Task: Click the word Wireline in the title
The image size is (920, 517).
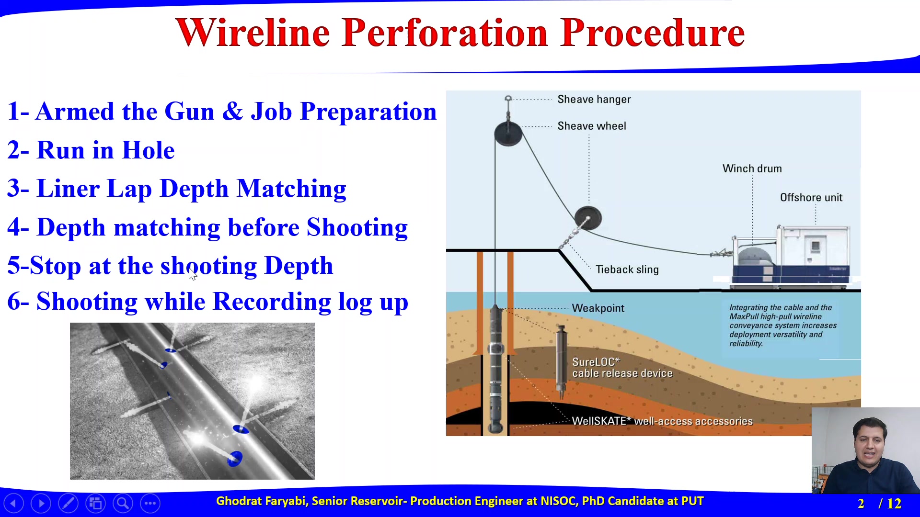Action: tap(253, 33)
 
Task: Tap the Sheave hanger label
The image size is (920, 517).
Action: tap(594, 100)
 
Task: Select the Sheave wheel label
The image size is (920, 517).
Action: tap(592, 126)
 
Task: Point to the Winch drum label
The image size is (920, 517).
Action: tap(752, 169)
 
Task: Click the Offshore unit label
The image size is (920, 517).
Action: tap(811, 197)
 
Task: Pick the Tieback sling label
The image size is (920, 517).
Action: tap(627, 270)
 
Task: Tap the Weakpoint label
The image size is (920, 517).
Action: tap(598, 308)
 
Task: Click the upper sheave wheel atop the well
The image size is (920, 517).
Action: tap(508, 134)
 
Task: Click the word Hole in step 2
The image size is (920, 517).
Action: tap(148, 150)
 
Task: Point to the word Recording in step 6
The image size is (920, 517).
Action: tap(272, 302)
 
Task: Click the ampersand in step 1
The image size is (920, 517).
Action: tap(232, 112)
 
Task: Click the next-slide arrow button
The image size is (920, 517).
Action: tap(41, 503)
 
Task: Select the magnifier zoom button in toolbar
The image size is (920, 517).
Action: tap(123, 503)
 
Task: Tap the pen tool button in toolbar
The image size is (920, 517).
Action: tap(68, 503)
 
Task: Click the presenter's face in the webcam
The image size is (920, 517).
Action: tap(869, 445)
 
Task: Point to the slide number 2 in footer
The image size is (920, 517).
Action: tap(861, 504)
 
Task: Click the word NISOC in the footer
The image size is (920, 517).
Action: tap(558, 501)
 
